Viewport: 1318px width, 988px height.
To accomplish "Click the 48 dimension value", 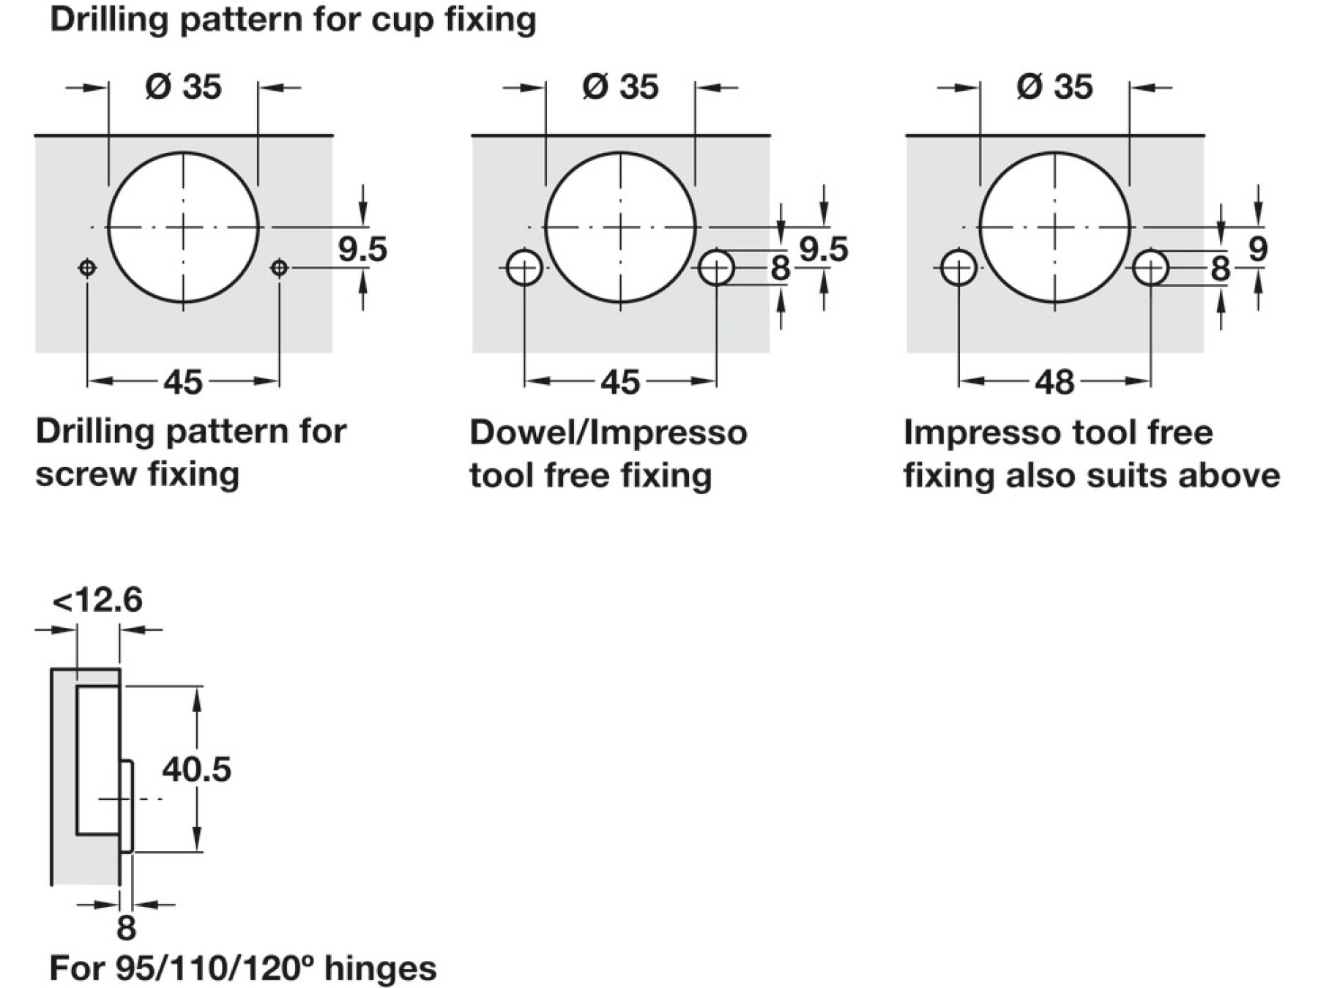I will tap(1054, 382).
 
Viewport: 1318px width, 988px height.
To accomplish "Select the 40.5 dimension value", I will tap(196, 769).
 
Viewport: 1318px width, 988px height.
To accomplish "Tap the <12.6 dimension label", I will tap(97, 600).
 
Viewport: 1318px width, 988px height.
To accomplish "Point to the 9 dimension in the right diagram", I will tap(1257, 249).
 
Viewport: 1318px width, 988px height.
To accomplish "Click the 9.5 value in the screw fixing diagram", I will tap(362, 249).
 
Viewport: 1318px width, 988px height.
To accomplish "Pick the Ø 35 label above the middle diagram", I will tap(619, 87).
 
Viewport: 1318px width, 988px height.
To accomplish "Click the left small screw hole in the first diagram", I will tap(87, 268).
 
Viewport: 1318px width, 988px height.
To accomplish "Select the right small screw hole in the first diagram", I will tap(279, 268).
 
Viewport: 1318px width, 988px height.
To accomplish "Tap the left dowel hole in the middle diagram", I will tap(524, 268).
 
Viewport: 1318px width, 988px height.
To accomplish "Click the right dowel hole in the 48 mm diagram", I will tap(1150, 268).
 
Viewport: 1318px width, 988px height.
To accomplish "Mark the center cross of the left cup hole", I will tap(183, 227).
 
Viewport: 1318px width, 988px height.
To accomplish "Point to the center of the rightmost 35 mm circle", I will tap(1054, 227).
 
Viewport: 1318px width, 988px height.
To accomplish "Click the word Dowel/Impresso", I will tap(608, 433).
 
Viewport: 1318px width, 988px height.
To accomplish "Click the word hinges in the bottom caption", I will tap(380, 968).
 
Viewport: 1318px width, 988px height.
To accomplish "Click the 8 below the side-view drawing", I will tap(126, 928).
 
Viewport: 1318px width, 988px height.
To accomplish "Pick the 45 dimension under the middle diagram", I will tap(619, 382).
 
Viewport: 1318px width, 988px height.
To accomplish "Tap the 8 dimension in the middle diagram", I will tap(780, 268).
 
